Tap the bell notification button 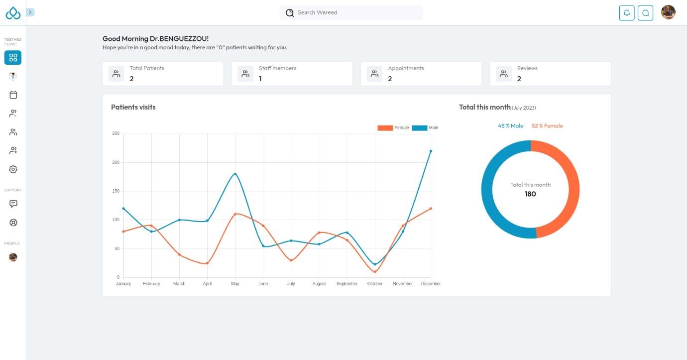(x=627, y=13)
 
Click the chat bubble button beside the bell (x=645, y=13)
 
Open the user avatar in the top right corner (x=668, y=12)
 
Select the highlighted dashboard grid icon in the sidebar (x=13, y=58)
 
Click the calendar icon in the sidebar (x=13, y=95)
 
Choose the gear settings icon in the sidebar (x=13, y=169)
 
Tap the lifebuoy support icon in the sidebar (x=13, y=223)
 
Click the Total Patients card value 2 (x=131, y=79)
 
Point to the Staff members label (x=277, y=68)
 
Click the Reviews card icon (x=504, y=74)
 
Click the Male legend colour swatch (x=419, y=128)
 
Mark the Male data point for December (x=431, y=151)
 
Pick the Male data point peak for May (x=235, y=174)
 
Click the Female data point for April (x=207, y=263)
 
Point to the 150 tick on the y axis (x=115, y=191)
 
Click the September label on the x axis (x=347, y=284)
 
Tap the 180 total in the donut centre (x=530, y=194)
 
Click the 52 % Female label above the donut (x=547, y=126)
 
